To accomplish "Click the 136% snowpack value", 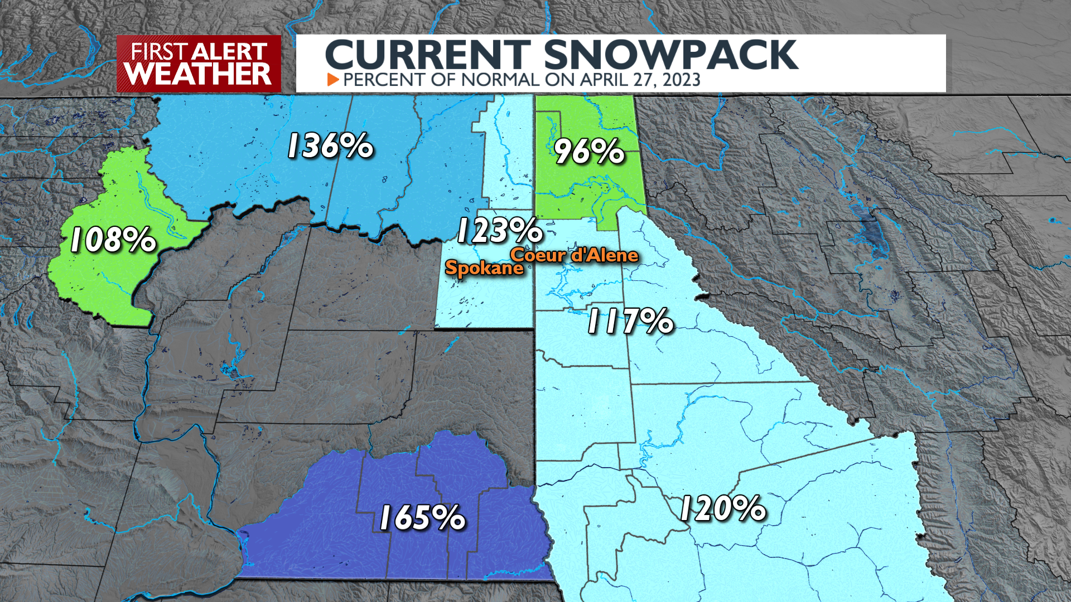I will (330, 146).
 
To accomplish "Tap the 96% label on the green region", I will (589, 151).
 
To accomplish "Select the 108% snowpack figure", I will (113, 240).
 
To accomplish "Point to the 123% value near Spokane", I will (500, 231).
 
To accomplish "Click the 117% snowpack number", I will (630, 322).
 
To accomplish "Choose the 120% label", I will (722, 509).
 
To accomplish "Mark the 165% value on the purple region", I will (422, 518).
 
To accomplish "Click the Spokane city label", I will (484, 268).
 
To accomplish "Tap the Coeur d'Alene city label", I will (574, 255).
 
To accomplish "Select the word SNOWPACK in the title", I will (670, 55).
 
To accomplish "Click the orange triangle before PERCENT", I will (333, 80).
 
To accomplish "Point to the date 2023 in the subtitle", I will (681, 80).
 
